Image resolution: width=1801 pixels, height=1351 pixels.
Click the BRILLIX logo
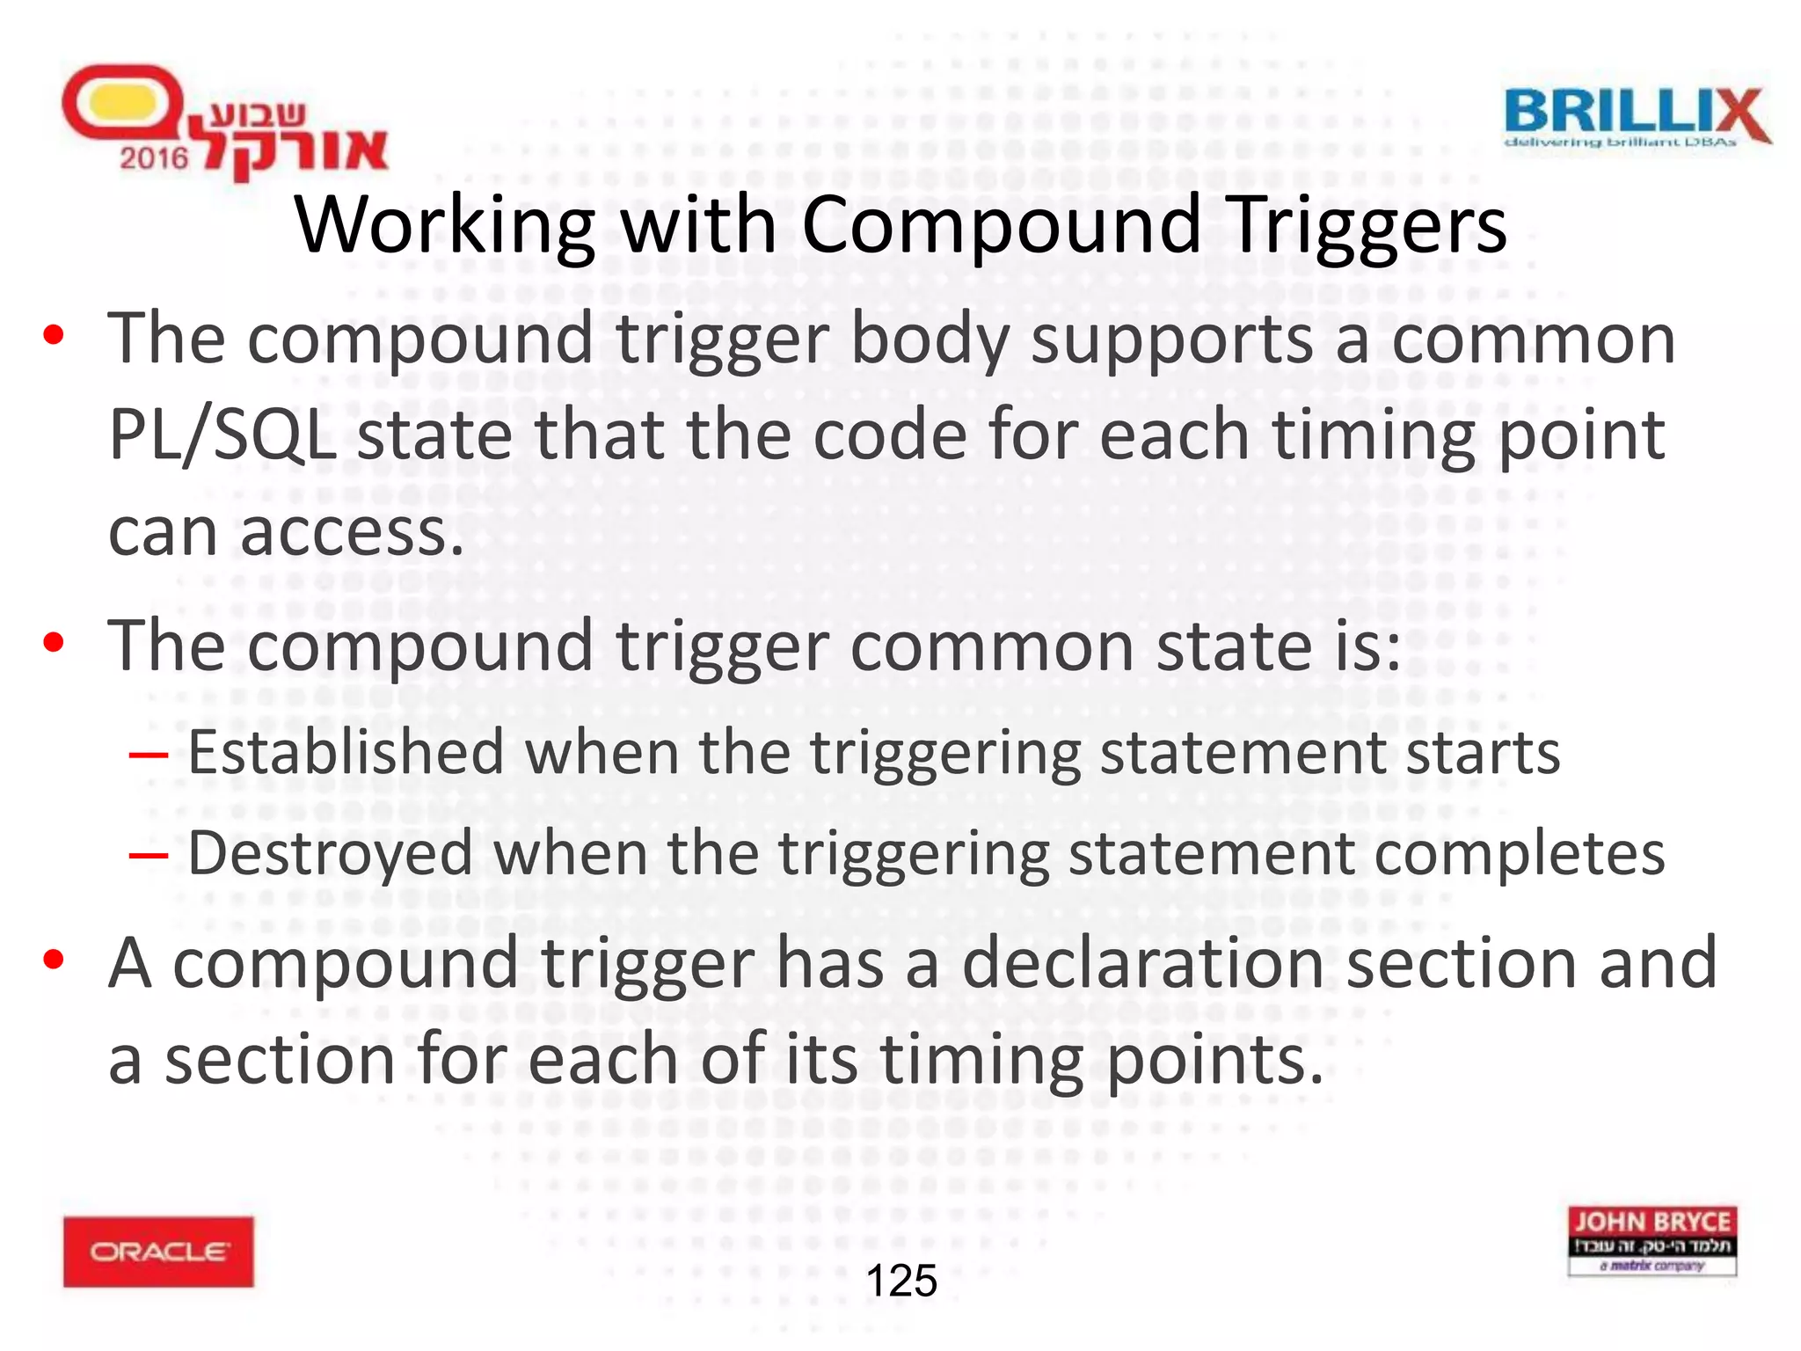[x=1636, y=116]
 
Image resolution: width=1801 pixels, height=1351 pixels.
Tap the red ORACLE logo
[x=158, y=1251]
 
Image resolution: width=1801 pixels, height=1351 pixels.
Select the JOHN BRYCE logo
[x=1652, y=1240]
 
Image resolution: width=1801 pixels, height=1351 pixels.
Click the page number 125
[x=901, y=1281]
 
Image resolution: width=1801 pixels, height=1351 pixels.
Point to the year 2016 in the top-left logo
[x=154, y=158]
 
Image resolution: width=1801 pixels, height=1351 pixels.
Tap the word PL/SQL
[x=222, y=435]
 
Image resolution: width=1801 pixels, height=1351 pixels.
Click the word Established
[x=346, y=753]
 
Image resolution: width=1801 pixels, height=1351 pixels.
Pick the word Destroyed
[x=330, y=853]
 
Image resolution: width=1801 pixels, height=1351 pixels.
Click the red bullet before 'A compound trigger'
[x=55, y=960]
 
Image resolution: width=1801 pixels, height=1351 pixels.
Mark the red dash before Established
[x=148, y=755]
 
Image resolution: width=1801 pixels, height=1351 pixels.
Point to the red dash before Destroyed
[x=148, y=854]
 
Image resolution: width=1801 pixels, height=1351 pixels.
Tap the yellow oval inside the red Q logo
[x=120, y=106]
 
